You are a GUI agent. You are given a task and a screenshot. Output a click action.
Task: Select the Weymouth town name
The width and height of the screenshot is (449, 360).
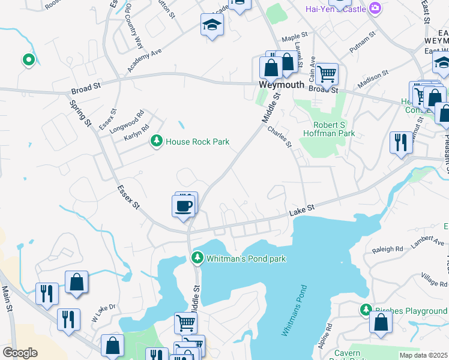coord(282,85)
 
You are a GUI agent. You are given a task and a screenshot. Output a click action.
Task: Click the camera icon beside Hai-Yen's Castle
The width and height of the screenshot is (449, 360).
coord(375,8)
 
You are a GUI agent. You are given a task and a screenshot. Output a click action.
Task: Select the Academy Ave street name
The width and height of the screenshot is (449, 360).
coord(144,61)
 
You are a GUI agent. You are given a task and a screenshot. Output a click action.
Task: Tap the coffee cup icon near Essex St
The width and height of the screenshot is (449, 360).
coord(184,206)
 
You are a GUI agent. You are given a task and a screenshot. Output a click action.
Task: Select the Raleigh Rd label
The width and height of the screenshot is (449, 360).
coord(387,249)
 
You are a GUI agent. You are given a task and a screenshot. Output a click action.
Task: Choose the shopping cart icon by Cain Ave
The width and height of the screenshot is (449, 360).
coord(327,74)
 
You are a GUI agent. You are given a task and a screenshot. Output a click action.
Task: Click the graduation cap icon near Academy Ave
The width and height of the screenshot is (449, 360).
coord(212,25)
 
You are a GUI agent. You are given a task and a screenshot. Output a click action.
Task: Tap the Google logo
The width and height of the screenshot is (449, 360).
coord(20,353)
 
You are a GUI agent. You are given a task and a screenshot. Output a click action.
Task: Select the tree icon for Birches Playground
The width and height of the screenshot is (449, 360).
coord(366,310)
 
